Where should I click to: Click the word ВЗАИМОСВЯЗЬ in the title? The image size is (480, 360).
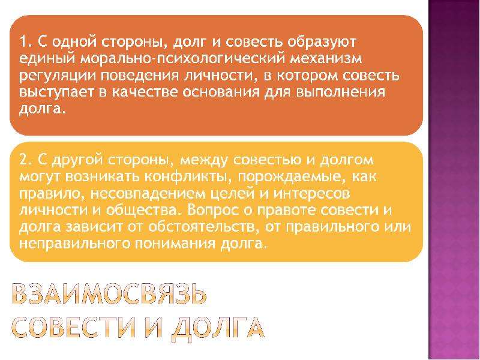click(x=109, y=295)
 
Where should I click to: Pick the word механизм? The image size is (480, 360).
click(x=326, y=58)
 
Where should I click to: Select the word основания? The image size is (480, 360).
click(x=221, y=92)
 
